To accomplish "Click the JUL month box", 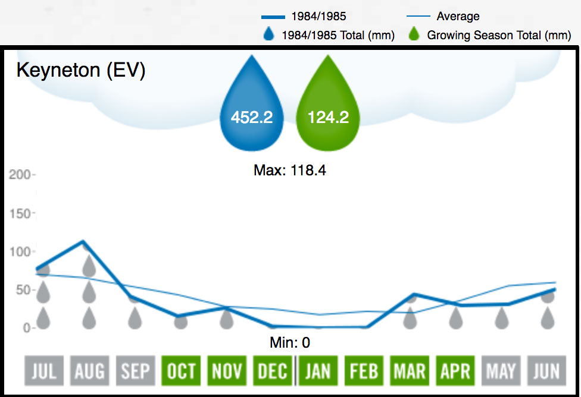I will tap(43, 371).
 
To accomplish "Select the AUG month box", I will tap(89, 371).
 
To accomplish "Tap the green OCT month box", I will tap(181, 371).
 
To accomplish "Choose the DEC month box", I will tap(273, 371).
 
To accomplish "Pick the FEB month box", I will tap(364, 371).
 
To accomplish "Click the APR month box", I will tap(455, 371).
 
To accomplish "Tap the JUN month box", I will tap(546, 371).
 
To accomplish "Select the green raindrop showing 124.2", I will tap(328, 110).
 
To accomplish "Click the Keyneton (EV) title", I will tap(81, 70).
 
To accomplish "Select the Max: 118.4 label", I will tap(290, 171).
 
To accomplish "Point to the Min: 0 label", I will tap(290, 343).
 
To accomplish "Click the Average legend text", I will tap(458, 17).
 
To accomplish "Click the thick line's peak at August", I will tap(83, 241).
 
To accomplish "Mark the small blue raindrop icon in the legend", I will tap(268, 34).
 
